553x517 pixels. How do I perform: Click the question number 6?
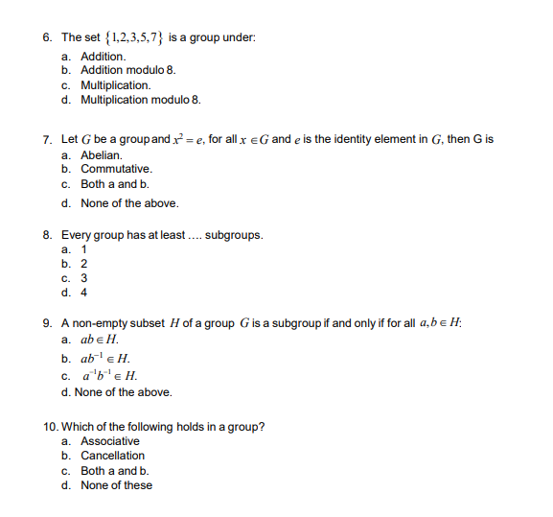[x=48, y=38]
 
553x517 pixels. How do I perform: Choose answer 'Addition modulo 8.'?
[x=128, y=71]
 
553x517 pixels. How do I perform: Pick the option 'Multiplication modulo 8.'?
[x=141, y=100]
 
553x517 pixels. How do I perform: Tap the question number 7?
[x=48, y=140]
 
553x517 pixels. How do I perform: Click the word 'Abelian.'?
[x=102, y=155]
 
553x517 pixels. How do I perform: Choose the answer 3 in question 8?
[x=84, y=278]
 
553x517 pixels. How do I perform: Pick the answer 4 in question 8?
[x=84, y=293]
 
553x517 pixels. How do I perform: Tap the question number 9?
[x=48, y=323]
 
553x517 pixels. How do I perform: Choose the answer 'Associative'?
[x=110, y=441]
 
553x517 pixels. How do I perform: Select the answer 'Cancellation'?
[x=113, y=456]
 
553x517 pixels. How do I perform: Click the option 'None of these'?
[x=116, y=485]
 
